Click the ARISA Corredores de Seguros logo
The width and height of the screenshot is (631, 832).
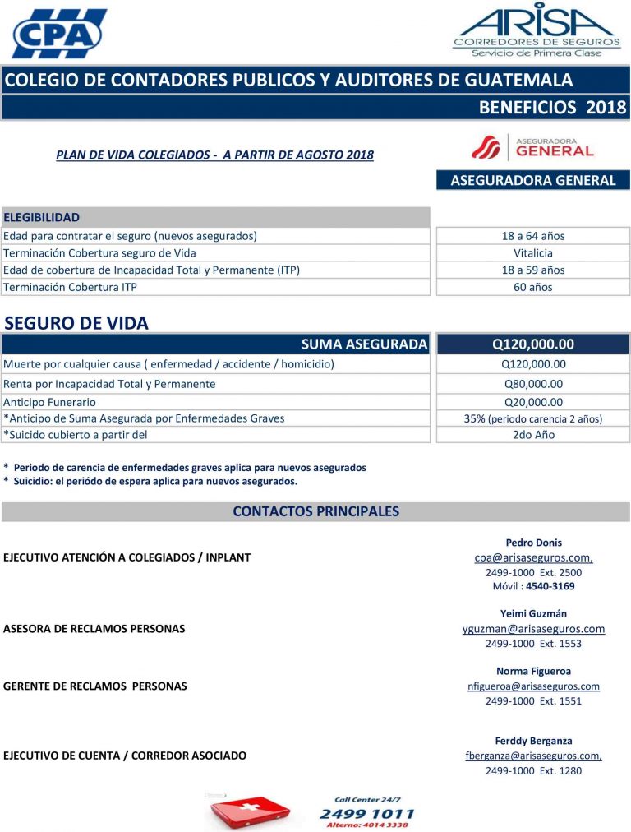tap(537, 30)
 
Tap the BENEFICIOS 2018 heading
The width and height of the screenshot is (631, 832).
tap(552, 107)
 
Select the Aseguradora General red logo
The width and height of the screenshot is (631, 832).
tap(532, 147)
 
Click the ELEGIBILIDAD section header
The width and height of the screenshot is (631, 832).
tap(42, 217)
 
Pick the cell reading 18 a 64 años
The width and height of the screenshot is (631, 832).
tap(533, 236)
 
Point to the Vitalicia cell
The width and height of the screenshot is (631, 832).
tap(533, 253)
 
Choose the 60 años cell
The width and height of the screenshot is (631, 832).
tap(533, 287)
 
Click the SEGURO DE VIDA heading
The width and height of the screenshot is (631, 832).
tap(76, 323)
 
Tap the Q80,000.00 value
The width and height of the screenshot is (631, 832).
tap(533, 384)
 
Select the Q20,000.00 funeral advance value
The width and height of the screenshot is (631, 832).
tap(533, 402)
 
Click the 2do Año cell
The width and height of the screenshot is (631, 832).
tap(533, 435)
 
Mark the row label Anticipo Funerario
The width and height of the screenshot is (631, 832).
tap(49, 402)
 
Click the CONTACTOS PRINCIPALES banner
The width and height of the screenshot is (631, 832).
tap(315, 511)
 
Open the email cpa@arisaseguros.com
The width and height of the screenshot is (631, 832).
tap(533, 557)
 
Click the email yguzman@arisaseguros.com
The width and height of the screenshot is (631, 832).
tap(533, 629)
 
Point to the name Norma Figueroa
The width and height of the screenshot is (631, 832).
tap(533, 671)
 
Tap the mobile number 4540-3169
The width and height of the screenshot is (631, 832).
tap(550, 586)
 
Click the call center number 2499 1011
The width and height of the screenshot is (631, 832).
tap(366, 814)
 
